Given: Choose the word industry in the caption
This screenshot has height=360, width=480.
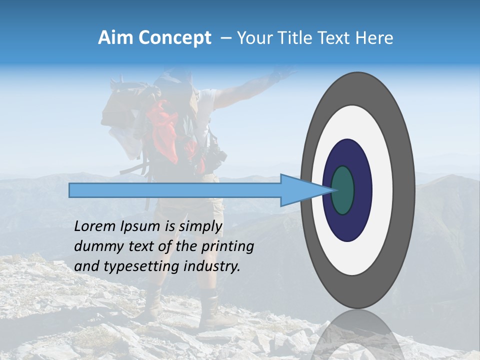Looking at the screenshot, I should pyautogui.click(x=212, y=266).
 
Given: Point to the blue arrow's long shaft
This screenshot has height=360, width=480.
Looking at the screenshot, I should pyautogui.click(x=175, y=190).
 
